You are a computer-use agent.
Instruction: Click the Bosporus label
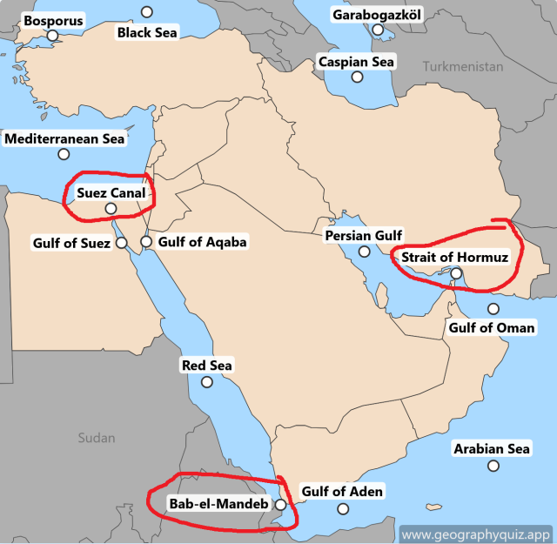pos(53,20)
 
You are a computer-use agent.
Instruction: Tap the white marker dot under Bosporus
pos(52,36)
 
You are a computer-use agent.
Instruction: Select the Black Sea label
pos(147,33)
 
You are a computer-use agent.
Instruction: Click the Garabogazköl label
pos(376,15)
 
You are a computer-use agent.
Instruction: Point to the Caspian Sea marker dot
pos(357,77)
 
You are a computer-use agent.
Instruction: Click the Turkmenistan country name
pos(464,67)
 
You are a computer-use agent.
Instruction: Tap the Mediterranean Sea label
pos(64,138)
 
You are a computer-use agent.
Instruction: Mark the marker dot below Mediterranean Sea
pos(64,155)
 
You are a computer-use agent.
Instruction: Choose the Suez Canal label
pos(110,191)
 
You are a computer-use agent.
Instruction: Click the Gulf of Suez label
pos(71,243)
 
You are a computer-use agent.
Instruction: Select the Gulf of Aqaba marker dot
pos(146,241)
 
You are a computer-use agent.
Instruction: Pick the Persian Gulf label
pos(363,236)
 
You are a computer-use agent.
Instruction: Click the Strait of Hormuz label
pos(454,258)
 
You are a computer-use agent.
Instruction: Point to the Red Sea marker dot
pos(206,382)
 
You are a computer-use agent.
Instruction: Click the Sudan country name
pos(96,437)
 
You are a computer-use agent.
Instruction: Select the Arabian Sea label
pos(492,449)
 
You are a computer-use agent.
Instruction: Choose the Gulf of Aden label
pos(341,492)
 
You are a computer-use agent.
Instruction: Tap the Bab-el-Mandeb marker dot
pos(279,504)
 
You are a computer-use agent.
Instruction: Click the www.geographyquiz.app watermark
pos(476,534)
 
